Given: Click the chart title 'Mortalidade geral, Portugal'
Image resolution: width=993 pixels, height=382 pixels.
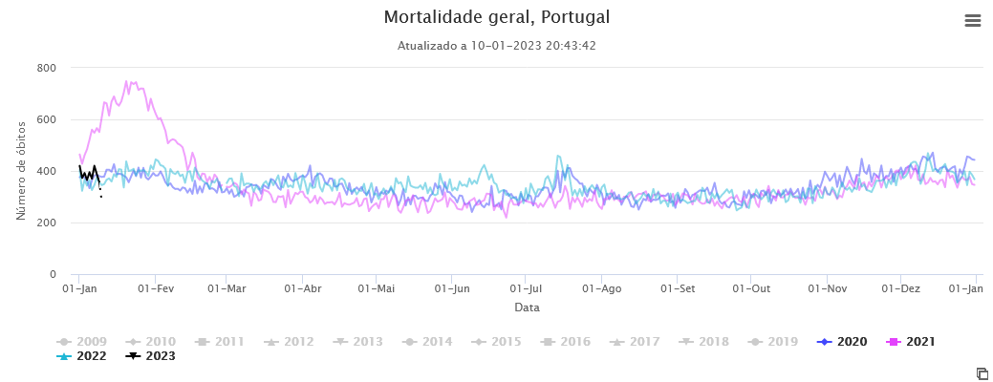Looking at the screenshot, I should click(496, 17).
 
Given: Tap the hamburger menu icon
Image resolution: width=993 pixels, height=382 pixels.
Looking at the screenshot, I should click(973, 21).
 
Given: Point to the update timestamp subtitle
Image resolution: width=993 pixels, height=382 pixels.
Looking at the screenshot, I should click(496, 46).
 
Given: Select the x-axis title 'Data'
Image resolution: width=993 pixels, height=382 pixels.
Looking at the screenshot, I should click(527, 308).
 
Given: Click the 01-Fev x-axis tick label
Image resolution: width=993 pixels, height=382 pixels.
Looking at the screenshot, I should click(156, 287).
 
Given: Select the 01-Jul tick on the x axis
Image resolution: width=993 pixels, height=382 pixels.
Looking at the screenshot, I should click(526, 287).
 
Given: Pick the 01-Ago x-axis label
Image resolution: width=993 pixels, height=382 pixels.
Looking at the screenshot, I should click(602, 287).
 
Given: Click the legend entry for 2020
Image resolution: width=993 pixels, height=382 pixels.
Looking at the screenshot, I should click(843, 341).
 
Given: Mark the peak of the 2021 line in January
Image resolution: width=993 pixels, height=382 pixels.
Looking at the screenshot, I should click(127, 81).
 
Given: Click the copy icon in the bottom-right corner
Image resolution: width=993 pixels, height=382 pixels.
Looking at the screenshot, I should click(982, 372).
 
